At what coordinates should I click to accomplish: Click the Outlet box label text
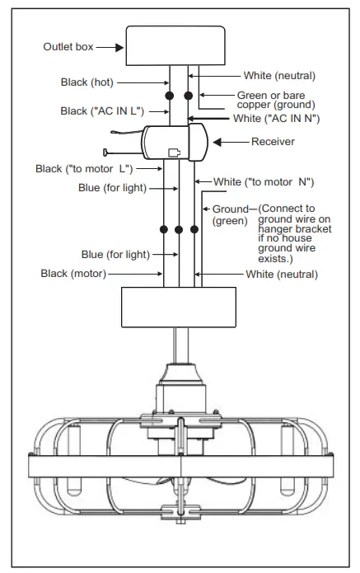pyautogui.click(x=67, y=47)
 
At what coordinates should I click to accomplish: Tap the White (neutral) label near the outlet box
pyautogui.click(x=279, y=76)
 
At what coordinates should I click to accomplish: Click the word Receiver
pyautogui.click(x=274, y=142)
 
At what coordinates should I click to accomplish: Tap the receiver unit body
pyautogui.click(x=174, y=143)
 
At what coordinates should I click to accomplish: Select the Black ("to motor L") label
pyautogui.click(x=85, y=169)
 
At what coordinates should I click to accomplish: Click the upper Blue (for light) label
pyautogui.click(x=112, y=187)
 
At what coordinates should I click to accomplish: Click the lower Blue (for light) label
pyautogui.click(x=115, y=254)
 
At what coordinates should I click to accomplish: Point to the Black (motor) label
pyautogui.click(x=73, y=273)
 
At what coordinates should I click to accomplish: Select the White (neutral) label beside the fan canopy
pyautogui.click(x=282, y=273)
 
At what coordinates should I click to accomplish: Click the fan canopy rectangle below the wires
pyautogui.click(x=180, y=307)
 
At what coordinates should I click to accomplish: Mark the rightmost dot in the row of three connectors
pyautogui.click(x=195, y=228)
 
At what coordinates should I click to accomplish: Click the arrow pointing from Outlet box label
pyautogui.click(x=107, y=47)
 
